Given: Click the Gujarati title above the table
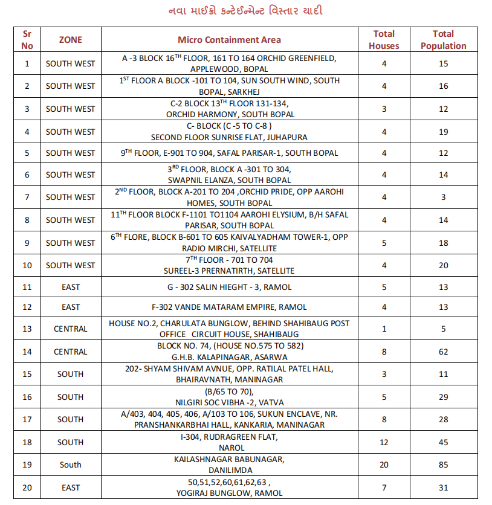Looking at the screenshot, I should pyautogui.click(x=246, y=11).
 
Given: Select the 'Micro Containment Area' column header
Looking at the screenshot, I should pyautogui.click(x=229, y=40).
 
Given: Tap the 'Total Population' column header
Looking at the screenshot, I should pyautogui.click(x=444, y=40).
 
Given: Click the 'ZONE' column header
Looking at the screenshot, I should pyautogui.click(x=71, y=40).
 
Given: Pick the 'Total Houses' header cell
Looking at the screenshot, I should pyautogui.click(x=384, y=40).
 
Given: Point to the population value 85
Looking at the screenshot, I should pyautogui.click(x=444, y=465).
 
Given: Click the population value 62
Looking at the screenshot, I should pyautogui.click(x=444, y=352).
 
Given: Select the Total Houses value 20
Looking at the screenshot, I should pyautogui.click(x=384, y=465).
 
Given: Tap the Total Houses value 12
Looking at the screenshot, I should pyautogui.click(x=384, y=442).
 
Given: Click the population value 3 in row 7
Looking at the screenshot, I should pyautogui.click(x=444, y=197).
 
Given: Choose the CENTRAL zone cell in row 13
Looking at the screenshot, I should pyautogui.click(x=71, y=329).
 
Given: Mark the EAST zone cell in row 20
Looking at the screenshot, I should pyautogui.click(x=71, y=487).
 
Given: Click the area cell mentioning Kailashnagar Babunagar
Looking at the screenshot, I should pyautogui.click(x=229, y=465).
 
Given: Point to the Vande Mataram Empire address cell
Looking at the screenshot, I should pyautogui.click(x=229, y=307).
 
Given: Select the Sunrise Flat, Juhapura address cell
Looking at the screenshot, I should pyautogui.click(x=229, y=132).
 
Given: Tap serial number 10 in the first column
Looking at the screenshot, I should pyautogui.click(x=27, y=265).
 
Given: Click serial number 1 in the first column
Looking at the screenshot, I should pyautogui.click(x=27, y=63).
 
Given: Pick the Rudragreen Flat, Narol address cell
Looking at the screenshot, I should pyautogui.click(x=229, y=442).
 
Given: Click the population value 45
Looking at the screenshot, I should pyautogui.click(x=444, y=442).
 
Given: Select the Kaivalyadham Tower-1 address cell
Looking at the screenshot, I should pyautogui.click(x=229, y=243).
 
